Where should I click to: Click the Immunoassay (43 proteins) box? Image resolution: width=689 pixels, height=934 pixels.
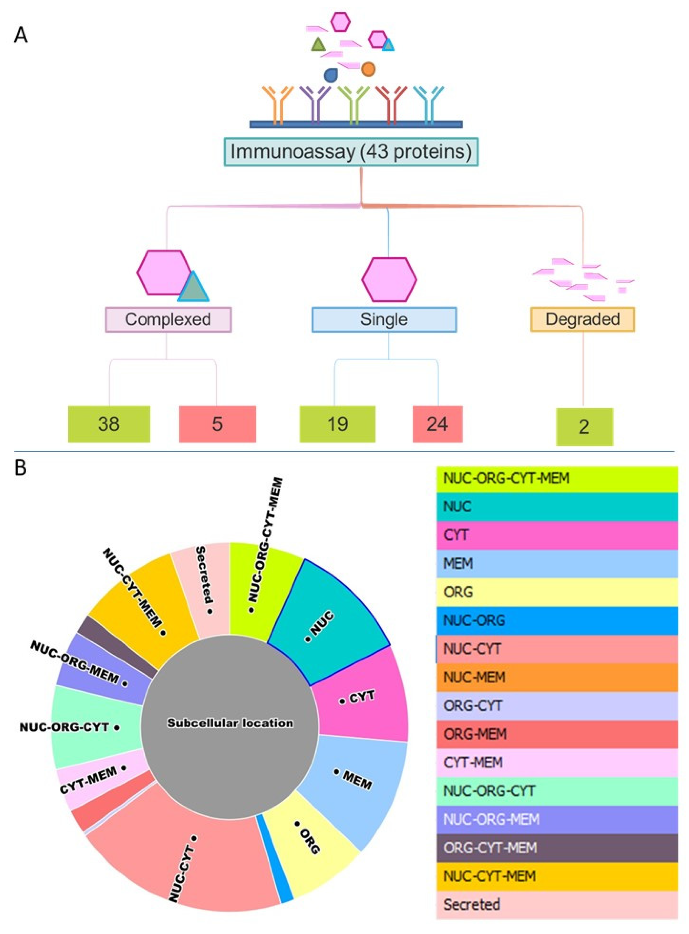[x=351, y=152]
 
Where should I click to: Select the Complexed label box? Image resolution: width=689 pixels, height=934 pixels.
[x=168, y=319]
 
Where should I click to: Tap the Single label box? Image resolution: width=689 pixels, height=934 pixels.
[x=384, y=319]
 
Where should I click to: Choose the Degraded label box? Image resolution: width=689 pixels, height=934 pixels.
[x=582, y=319]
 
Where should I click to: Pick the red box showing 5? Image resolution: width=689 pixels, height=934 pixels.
[x=217, y=424]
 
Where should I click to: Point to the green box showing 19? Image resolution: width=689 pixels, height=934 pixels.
[x=337, y=424]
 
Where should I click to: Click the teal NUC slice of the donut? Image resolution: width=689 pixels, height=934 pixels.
[x=330, y=614]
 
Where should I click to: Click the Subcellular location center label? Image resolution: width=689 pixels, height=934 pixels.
[x=230, y=723]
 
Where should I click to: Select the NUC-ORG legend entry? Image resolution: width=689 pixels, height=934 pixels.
[x=557, y=620]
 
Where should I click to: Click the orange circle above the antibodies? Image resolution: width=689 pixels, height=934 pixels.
[x=368, y=69]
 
